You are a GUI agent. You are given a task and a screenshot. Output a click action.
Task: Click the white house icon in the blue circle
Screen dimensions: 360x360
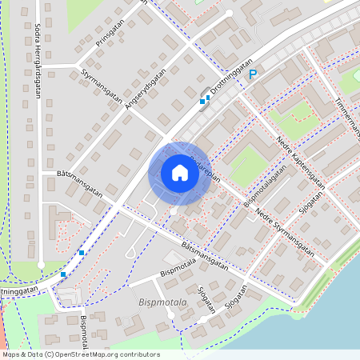pyautogui.click(x=179, y=173)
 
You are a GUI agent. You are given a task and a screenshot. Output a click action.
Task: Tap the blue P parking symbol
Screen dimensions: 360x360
pyautogui.click(x=252, y=75)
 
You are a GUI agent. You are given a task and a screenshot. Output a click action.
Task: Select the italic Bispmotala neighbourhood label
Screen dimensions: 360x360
pyautogui.click(x=162, y=303)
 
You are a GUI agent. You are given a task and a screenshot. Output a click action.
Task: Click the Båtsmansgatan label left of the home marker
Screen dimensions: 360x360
pyautogui.click(x=80, y=182)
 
